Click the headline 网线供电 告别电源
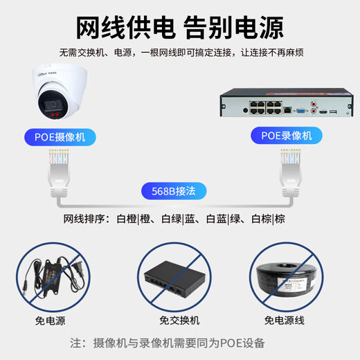coord(180,29)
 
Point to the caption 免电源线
coord(291,321)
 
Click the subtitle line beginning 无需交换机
coord(180,53)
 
